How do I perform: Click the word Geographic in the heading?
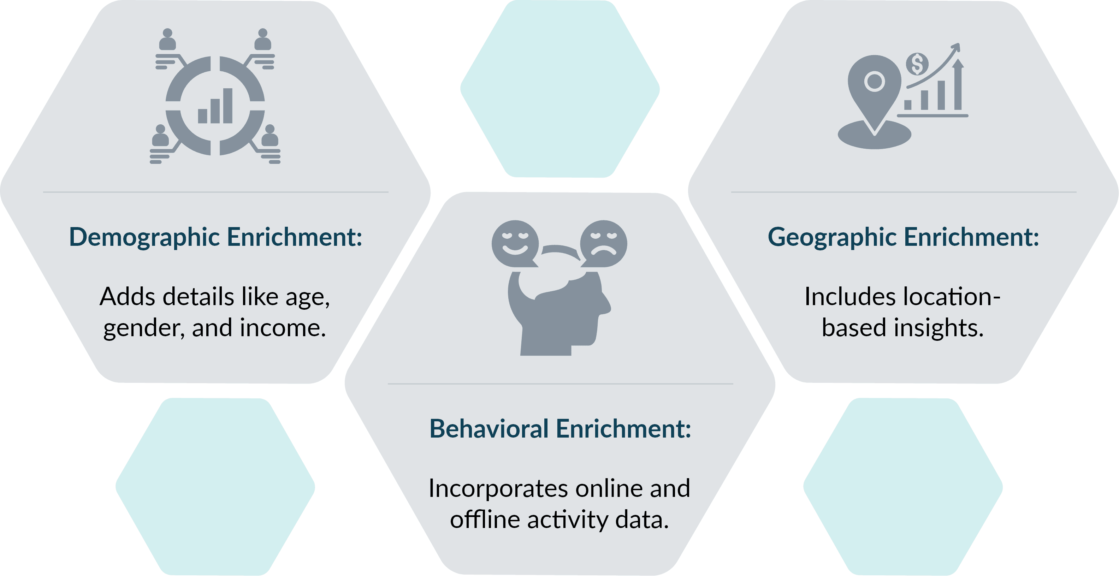[832, 238]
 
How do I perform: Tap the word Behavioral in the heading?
[489, 429]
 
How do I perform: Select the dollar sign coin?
[917, 64]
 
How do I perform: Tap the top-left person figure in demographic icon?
[168, 40]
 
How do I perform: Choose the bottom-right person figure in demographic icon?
[270, 136]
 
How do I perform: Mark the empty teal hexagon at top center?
[560, 89]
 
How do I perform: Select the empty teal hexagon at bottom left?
[215, 487]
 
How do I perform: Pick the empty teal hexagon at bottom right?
[903, 487]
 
